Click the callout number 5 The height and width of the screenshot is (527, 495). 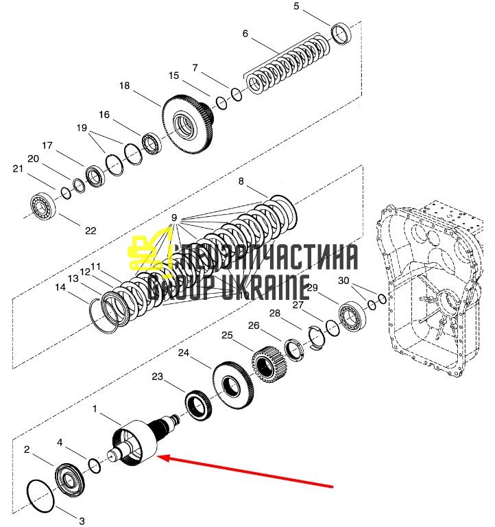296,6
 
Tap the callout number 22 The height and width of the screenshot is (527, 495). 90,231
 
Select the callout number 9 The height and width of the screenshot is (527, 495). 174,218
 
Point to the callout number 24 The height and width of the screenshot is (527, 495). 184,353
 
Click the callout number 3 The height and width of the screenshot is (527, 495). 82,522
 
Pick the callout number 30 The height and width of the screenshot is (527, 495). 343,280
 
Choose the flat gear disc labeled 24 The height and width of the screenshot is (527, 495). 232,386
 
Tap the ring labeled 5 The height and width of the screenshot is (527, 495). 341,34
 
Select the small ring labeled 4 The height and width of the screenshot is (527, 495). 95,466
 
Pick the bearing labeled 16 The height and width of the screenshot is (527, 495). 152,144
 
